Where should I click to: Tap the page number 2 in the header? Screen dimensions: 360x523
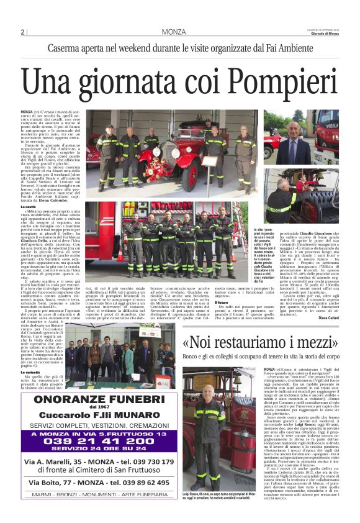(x=23, y=32)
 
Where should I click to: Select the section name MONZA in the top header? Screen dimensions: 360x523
(x=173, y=32)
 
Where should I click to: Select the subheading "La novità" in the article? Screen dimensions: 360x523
(x=29, y=206)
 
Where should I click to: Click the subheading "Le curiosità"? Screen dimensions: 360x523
(x=31, y=373)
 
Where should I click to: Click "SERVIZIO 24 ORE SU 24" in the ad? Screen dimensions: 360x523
(x=99, y=452)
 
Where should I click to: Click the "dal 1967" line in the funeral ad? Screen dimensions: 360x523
(x=99, y=408)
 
